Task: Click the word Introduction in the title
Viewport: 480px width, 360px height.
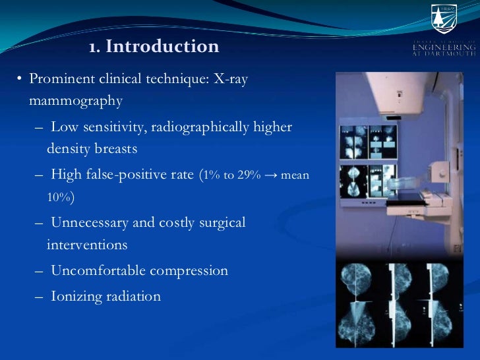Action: click(162, 47)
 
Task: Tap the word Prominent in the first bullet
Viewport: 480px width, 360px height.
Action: click(60, 79)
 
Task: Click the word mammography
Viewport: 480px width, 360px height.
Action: click(76, 101)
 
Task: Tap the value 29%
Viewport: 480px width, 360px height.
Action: click(251, 175)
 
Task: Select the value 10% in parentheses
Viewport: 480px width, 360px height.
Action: click(59, 197)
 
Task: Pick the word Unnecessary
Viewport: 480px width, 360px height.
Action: click(90, 222)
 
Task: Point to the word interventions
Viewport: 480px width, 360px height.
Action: click(87, 245)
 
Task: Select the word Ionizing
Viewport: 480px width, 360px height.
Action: click(76, 296)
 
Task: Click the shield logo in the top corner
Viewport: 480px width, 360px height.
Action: click(443, 18)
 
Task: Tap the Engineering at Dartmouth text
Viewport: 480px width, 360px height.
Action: click(443, 49)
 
